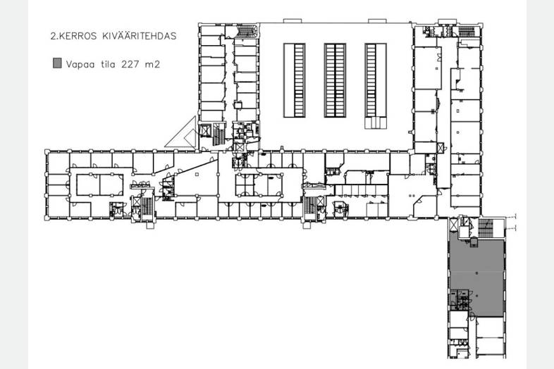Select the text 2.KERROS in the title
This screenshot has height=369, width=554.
coord(73,36)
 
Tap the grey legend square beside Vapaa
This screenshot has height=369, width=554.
coord(57,63)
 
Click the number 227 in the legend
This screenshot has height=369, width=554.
coord(129,64)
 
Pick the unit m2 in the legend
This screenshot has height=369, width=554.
coord(152,64)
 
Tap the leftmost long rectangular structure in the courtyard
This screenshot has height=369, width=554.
coord(295,80)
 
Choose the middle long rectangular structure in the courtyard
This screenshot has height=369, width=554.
coord(335,80)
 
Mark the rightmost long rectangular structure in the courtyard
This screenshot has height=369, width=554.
coord(376,80)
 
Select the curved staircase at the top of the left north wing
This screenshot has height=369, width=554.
coord(246,31)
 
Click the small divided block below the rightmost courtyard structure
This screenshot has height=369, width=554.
coord(376,123)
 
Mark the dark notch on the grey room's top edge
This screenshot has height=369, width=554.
coord(474,242)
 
